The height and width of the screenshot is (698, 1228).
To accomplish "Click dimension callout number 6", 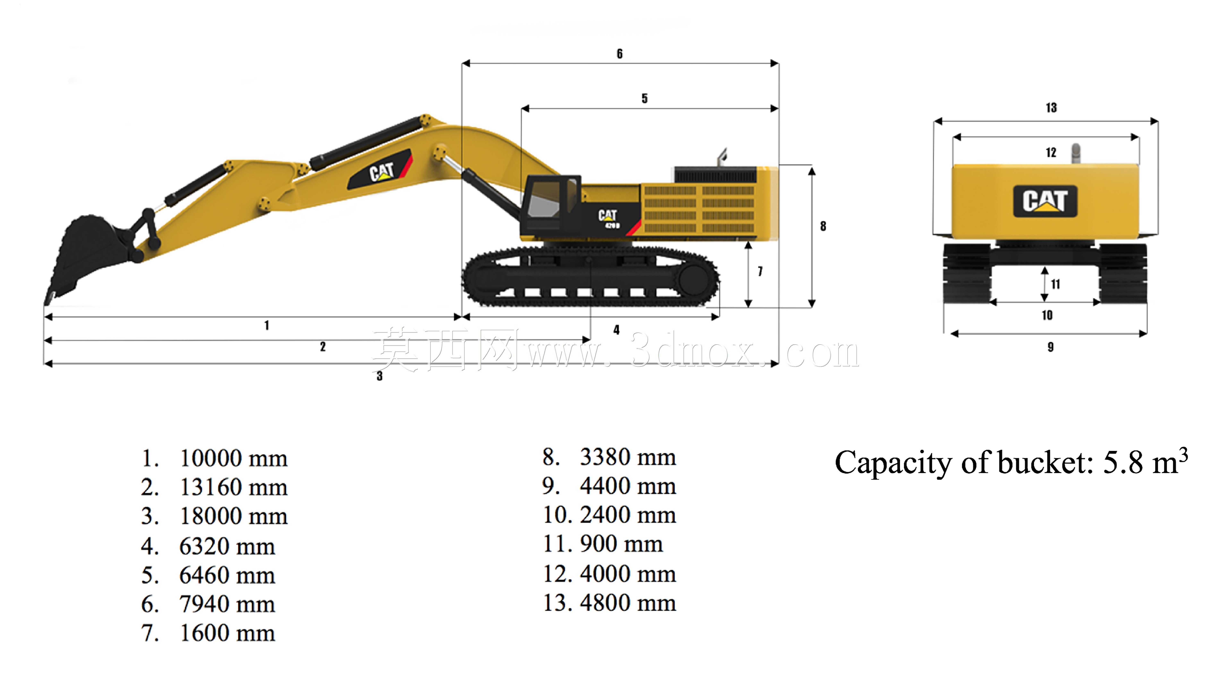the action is (620, 54).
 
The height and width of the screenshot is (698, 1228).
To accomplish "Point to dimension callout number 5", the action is (645, 98).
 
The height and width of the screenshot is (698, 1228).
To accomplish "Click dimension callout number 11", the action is (1055, 284).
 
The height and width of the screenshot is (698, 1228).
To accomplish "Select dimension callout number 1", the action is (267, 326).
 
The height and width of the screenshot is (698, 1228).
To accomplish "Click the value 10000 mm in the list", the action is (233, 458).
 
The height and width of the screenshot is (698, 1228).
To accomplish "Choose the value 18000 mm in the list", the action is (233, 516).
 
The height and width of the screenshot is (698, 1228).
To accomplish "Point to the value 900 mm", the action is (621, 544).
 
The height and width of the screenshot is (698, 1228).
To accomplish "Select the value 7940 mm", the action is (227, 604).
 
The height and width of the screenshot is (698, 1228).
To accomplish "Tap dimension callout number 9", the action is (1050, 347).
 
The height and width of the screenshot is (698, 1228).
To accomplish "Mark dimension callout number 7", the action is (760, 271).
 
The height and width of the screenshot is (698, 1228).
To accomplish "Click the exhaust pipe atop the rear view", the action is (1075, 154).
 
